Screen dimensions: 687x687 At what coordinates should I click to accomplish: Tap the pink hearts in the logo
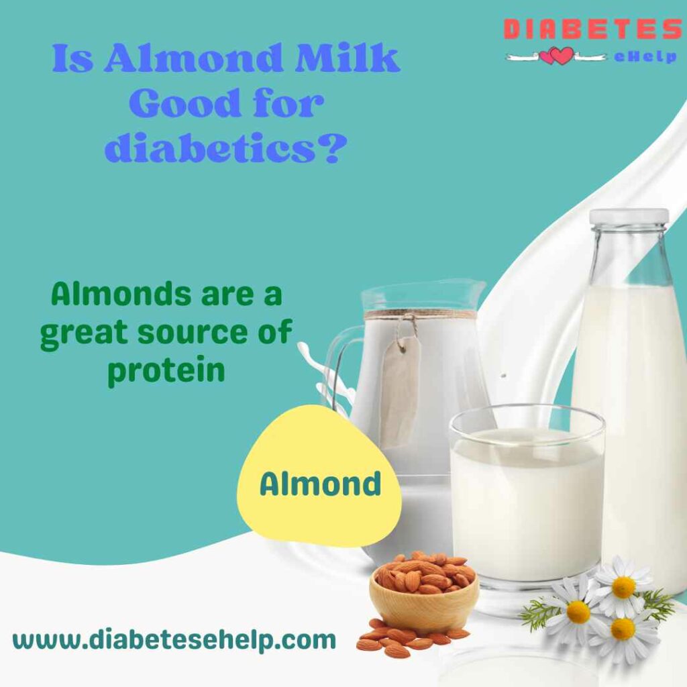[x=556, y=56]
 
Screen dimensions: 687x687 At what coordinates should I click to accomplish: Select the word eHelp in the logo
[x=645, y=56]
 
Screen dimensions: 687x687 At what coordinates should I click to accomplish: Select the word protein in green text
[x=166, y=371]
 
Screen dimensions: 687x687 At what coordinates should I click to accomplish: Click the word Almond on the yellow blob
[x=320, y=484]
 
